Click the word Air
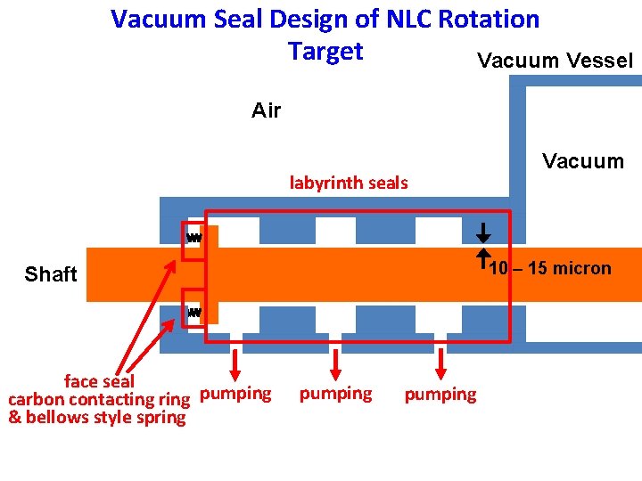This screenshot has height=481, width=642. (x=266, y=110)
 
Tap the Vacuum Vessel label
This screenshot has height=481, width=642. (x=555, y=61)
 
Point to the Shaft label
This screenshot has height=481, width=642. (x=51, y=274)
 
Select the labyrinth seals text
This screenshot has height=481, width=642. (x=348, y=183)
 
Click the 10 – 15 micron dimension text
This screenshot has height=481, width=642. (x=551, y=268)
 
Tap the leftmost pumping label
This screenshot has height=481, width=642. (x=235, y=393)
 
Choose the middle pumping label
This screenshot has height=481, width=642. (x=335, y=393)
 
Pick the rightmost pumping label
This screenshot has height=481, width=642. (x=440, y=395)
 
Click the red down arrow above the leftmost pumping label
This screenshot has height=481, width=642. (x=235, y=363)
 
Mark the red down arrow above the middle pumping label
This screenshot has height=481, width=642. (x=336, y=363)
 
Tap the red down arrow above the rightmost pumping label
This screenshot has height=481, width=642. (x=440, y=363)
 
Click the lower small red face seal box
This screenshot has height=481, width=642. (x=193, y=308)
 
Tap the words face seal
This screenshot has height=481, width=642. (x=99, y=382)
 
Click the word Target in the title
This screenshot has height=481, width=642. (x=325, y=51)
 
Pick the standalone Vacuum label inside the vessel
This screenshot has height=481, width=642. (x=583, y=161)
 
